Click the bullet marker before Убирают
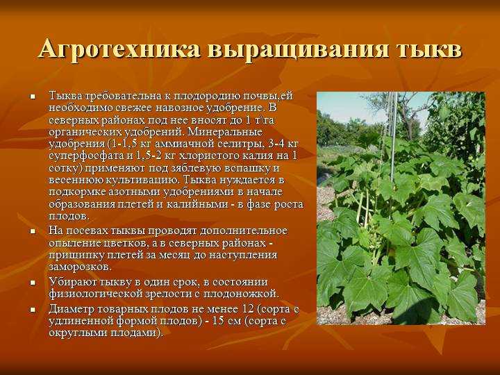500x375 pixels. pyautogui.click(x=33, y=283)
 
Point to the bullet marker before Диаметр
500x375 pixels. pyautogui.click(x=33, y=310)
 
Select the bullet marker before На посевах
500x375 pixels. pyautogui.click(x=33, y=231)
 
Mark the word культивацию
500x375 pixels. pyautogui.click(x=142, y=180)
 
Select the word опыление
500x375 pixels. pyautogui.click(x=75, y=243)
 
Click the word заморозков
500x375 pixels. pyautogui.click(x=80, y=267)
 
